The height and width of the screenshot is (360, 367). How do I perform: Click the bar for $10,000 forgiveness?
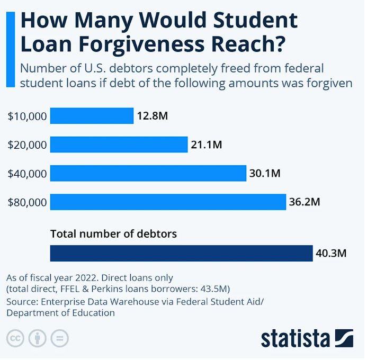click(92, 115)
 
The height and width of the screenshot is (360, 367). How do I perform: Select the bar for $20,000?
click(119, 145)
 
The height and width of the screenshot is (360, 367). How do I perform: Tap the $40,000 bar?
click(148, 173)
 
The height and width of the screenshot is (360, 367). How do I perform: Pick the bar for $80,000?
click(168, 202)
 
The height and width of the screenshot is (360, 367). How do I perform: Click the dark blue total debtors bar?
click(181, 253)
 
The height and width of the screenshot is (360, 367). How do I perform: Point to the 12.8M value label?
click(152, 115)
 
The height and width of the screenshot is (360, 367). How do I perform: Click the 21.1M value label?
click(206, 145)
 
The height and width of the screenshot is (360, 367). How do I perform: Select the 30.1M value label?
click(265, 173)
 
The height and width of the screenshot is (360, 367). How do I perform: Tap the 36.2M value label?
click(305, 202)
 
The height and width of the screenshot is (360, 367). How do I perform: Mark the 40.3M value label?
click(331, 253)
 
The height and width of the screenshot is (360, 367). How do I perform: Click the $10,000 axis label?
click(28, 116)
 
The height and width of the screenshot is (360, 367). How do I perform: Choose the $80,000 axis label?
click(28, 202)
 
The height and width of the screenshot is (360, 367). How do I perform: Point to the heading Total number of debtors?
click(113, 233)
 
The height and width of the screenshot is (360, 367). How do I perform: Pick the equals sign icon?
click(59, 338)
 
